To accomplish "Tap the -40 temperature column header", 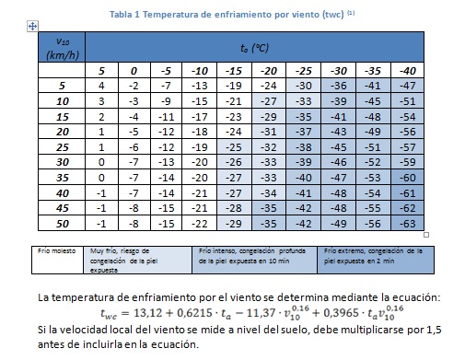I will click(407, 71).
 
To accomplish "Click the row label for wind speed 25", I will click(63, 145).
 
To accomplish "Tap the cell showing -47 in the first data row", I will click(407, 85).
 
